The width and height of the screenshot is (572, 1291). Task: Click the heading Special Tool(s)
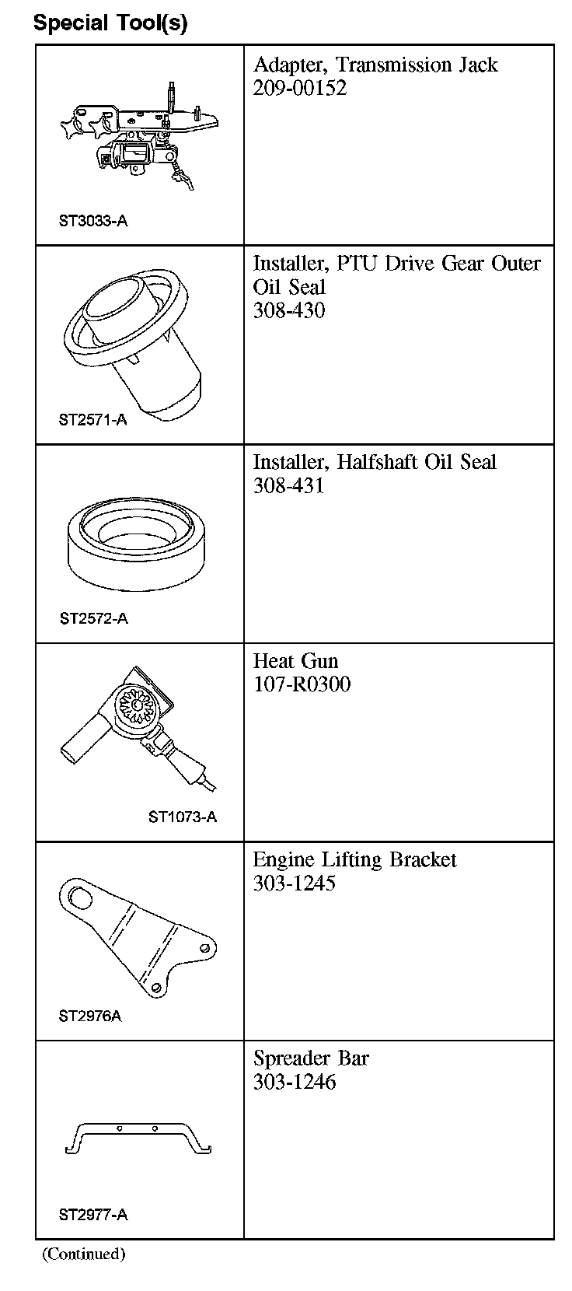[110, 23]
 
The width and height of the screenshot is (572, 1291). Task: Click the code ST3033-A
[93, 221]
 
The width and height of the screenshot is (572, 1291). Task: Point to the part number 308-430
[288, 311]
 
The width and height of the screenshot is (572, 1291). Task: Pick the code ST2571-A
[92, 420]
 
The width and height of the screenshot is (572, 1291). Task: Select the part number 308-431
[288, 486]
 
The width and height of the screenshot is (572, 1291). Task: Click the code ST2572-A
[93, 618]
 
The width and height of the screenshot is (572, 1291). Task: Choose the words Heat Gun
[295, 661]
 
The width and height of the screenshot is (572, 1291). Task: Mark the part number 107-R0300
[302, 684]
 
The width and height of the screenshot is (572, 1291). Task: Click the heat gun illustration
[138, 726]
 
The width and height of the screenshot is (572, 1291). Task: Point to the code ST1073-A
[183, 817]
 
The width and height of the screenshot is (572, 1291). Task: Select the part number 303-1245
[294, 883]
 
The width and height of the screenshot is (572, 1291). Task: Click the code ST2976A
[90, 1016]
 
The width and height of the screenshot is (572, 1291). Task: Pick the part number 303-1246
[294, 1082]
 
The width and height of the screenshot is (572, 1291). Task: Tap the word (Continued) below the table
[83, 1254]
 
